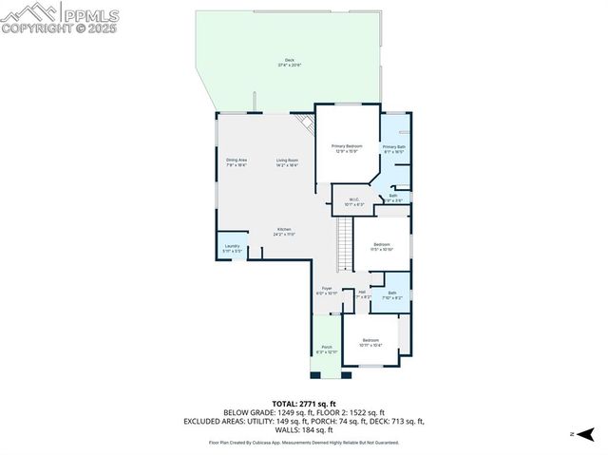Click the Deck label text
point(290,63)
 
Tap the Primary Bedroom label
point(347,147)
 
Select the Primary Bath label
point(394,148)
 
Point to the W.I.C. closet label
point(355,200)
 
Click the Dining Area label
point(237,161)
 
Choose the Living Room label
point(288,161)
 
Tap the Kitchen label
point(284,231)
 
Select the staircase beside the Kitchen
point(343,244)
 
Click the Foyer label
point(327,290)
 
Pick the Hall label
point(361,294)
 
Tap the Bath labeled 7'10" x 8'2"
point(392,294)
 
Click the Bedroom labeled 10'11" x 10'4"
point(370,342)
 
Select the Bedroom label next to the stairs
point(382,246)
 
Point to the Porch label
point(327,349)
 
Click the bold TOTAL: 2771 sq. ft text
point(304,403)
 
